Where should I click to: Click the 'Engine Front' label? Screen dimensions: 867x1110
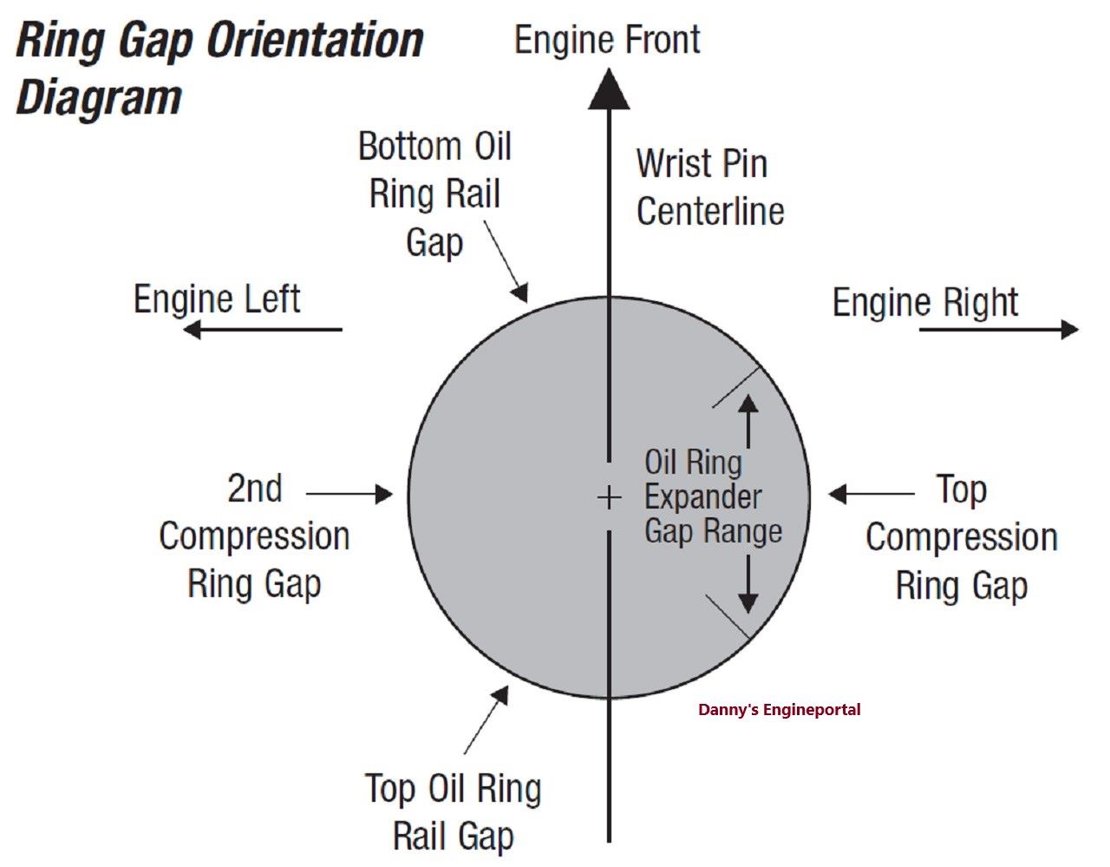[x=607, y=40]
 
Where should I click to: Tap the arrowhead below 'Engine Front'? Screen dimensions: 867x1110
[x=609, y=90]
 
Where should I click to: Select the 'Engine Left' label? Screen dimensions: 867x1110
[x=217, y=299]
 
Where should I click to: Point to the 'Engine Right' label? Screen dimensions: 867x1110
[x=925, y=302]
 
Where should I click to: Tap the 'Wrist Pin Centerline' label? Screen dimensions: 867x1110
[x=709, y=187]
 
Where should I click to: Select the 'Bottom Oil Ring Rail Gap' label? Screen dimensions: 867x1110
[x=434, y=194]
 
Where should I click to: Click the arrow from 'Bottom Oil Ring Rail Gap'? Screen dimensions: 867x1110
[x=506, y=260]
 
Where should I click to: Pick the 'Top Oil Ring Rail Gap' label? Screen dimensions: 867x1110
[x=454, y=812]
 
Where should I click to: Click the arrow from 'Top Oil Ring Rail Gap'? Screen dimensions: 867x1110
[x=486, y=719]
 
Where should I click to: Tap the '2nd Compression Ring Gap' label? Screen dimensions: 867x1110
[x=254, y=535]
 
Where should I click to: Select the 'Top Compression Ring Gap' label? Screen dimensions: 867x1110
[x=961, y=537]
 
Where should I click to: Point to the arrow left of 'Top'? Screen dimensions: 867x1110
[x=872, y=494]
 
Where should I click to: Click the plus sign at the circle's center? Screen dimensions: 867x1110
[x=610, y=497]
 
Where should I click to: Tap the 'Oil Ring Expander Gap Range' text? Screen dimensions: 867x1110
[x=712, y=496]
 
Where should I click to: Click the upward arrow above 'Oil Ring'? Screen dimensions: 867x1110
[x=748, y=420]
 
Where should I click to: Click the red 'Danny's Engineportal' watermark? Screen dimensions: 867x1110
[x=779, y=710]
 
